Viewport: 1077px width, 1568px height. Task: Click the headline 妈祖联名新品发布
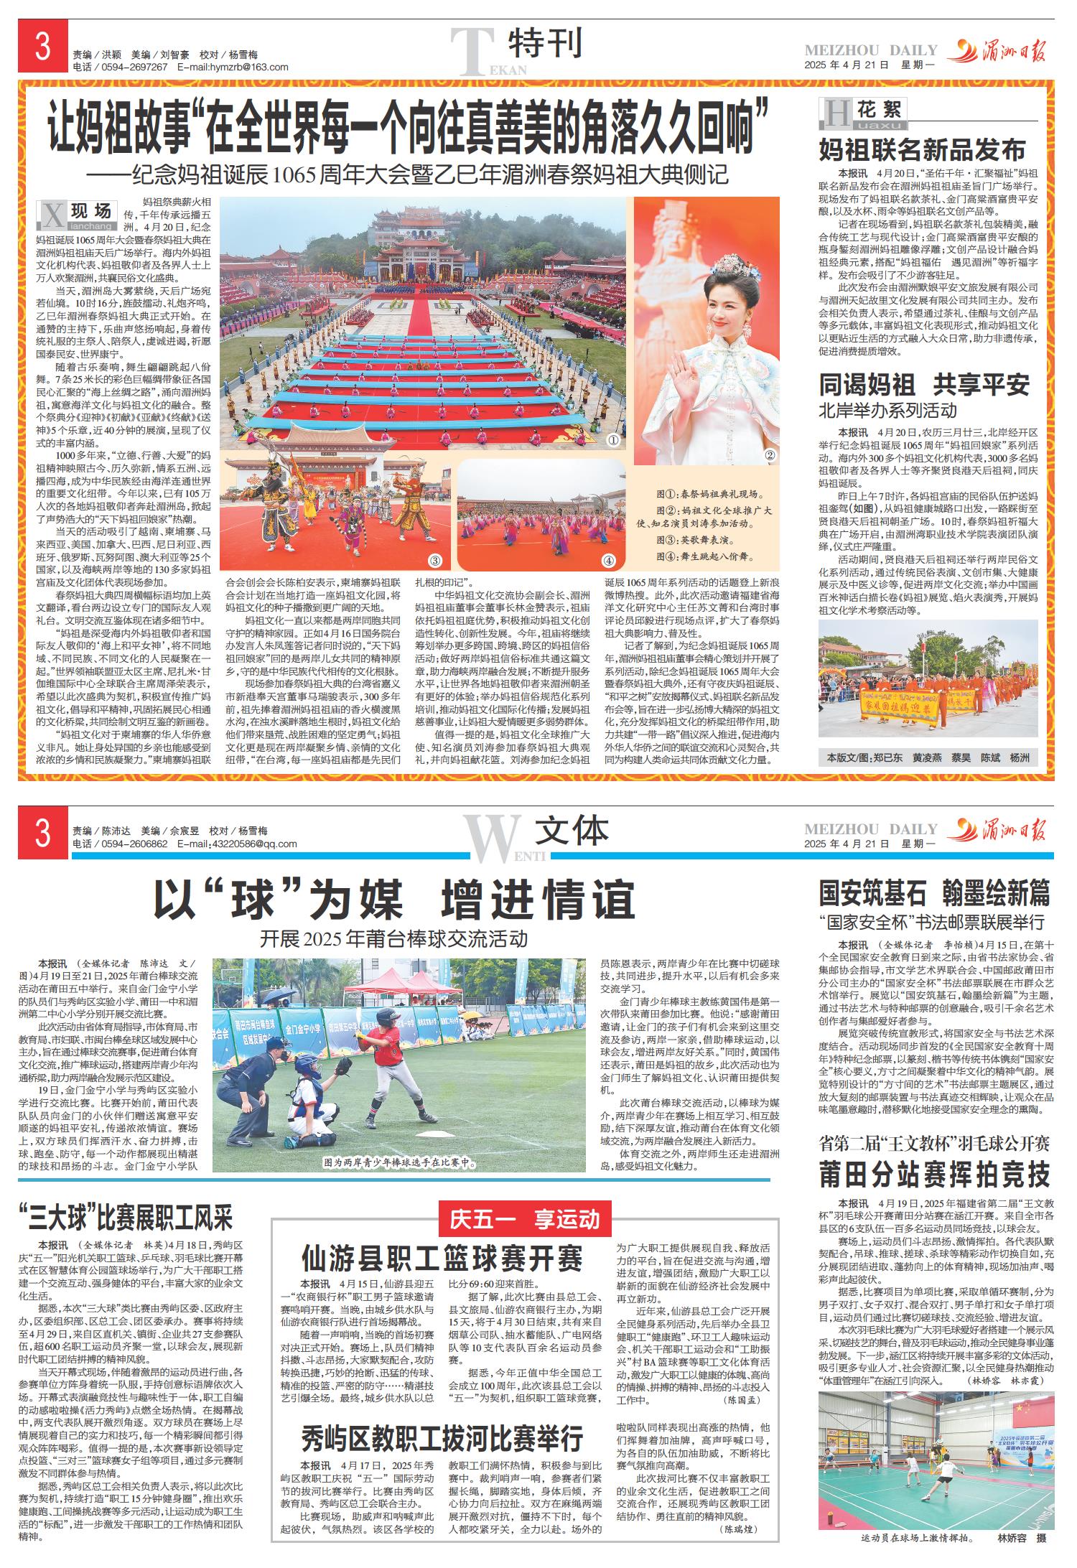(x=923, y=151)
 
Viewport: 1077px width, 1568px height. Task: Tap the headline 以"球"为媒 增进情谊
(x=395, y=899)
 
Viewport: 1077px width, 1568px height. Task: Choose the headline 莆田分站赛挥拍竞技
(x=935, y=1175)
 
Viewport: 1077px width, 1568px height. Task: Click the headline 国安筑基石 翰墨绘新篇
(x=935, y=894)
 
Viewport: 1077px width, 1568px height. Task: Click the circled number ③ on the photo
(x=434, y=561)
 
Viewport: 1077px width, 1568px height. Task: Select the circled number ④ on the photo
(x=608, y=561)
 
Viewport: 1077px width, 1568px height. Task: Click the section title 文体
(x=572, y=831)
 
